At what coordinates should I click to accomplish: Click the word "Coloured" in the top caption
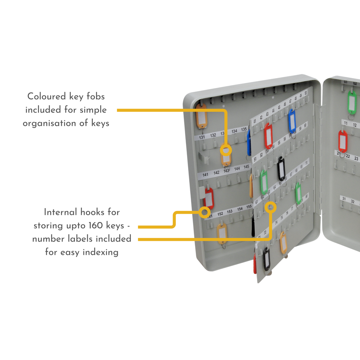point(45,96)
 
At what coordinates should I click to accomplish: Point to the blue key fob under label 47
point(292,121)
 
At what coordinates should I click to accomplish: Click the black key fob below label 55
point(281,169)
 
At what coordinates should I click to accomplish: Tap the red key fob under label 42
point(268,136)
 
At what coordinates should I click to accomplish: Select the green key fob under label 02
point(352,102)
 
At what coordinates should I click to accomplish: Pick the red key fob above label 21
point(343,141)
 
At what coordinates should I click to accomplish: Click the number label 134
point(234,131)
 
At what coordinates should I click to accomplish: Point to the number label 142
point(216,173)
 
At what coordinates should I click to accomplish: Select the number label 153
point(230,212)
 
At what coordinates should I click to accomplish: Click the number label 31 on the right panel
point(344,199)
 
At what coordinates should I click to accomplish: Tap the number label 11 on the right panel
point(346,123)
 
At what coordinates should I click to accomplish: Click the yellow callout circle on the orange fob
point(226,151)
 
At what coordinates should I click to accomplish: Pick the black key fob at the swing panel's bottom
point(267,259)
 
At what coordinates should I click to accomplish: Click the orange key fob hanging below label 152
point(222,233)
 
